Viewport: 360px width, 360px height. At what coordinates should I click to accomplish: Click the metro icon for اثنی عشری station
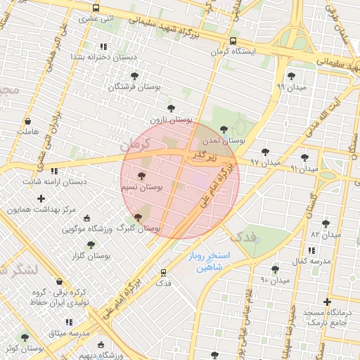tap(96, 8)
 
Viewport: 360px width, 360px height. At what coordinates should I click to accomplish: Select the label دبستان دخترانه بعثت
tap(107, 56)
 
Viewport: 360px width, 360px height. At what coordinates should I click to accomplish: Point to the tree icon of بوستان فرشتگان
tap(134, 75)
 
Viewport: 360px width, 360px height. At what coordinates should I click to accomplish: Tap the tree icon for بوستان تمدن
tap(224, 129)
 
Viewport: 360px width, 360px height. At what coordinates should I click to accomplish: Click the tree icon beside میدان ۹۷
tap(265, 151)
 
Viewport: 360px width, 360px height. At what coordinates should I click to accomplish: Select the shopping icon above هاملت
tap(27, 121)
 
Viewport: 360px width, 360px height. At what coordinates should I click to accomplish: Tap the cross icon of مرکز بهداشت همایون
tap(41, 199)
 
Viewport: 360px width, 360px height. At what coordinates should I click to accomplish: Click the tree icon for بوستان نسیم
tap(141, 176)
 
